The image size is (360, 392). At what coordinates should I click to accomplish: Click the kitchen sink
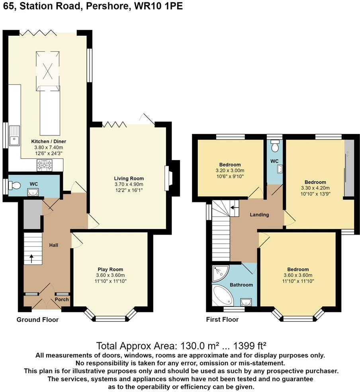14,135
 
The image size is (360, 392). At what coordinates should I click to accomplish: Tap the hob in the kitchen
45,165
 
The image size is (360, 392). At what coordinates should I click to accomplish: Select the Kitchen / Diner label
49,141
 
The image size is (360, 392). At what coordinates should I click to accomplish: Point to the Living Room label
129,178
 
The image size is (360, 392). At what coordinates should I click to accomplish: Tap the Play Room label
110,269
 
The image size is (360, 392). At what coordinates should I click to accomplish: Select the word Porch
62,300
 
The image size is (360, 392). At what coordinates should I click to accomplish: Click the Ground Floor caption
37,319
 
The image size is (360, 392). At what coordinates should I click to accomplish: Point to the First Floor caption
222,319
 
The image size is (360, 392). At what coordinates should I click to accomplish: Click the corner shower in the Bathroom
220,274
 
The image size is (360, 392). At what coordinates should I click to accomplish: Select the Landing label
259,215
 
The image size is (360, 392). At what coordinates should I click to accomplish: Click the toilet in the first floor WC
274,145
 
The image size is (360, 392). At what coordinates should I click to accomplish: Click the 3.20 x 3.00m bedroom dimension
230,171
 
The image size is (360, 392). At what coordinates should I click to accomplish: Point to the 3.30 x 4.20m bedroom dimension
315,188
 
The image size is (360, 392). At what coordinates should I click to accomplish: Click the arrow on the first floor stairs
234,208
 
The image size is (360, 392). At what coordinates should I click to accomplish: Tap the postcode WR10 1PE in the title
158,6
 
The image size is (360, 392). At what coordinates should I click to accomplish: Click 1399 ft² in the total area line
250,346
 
